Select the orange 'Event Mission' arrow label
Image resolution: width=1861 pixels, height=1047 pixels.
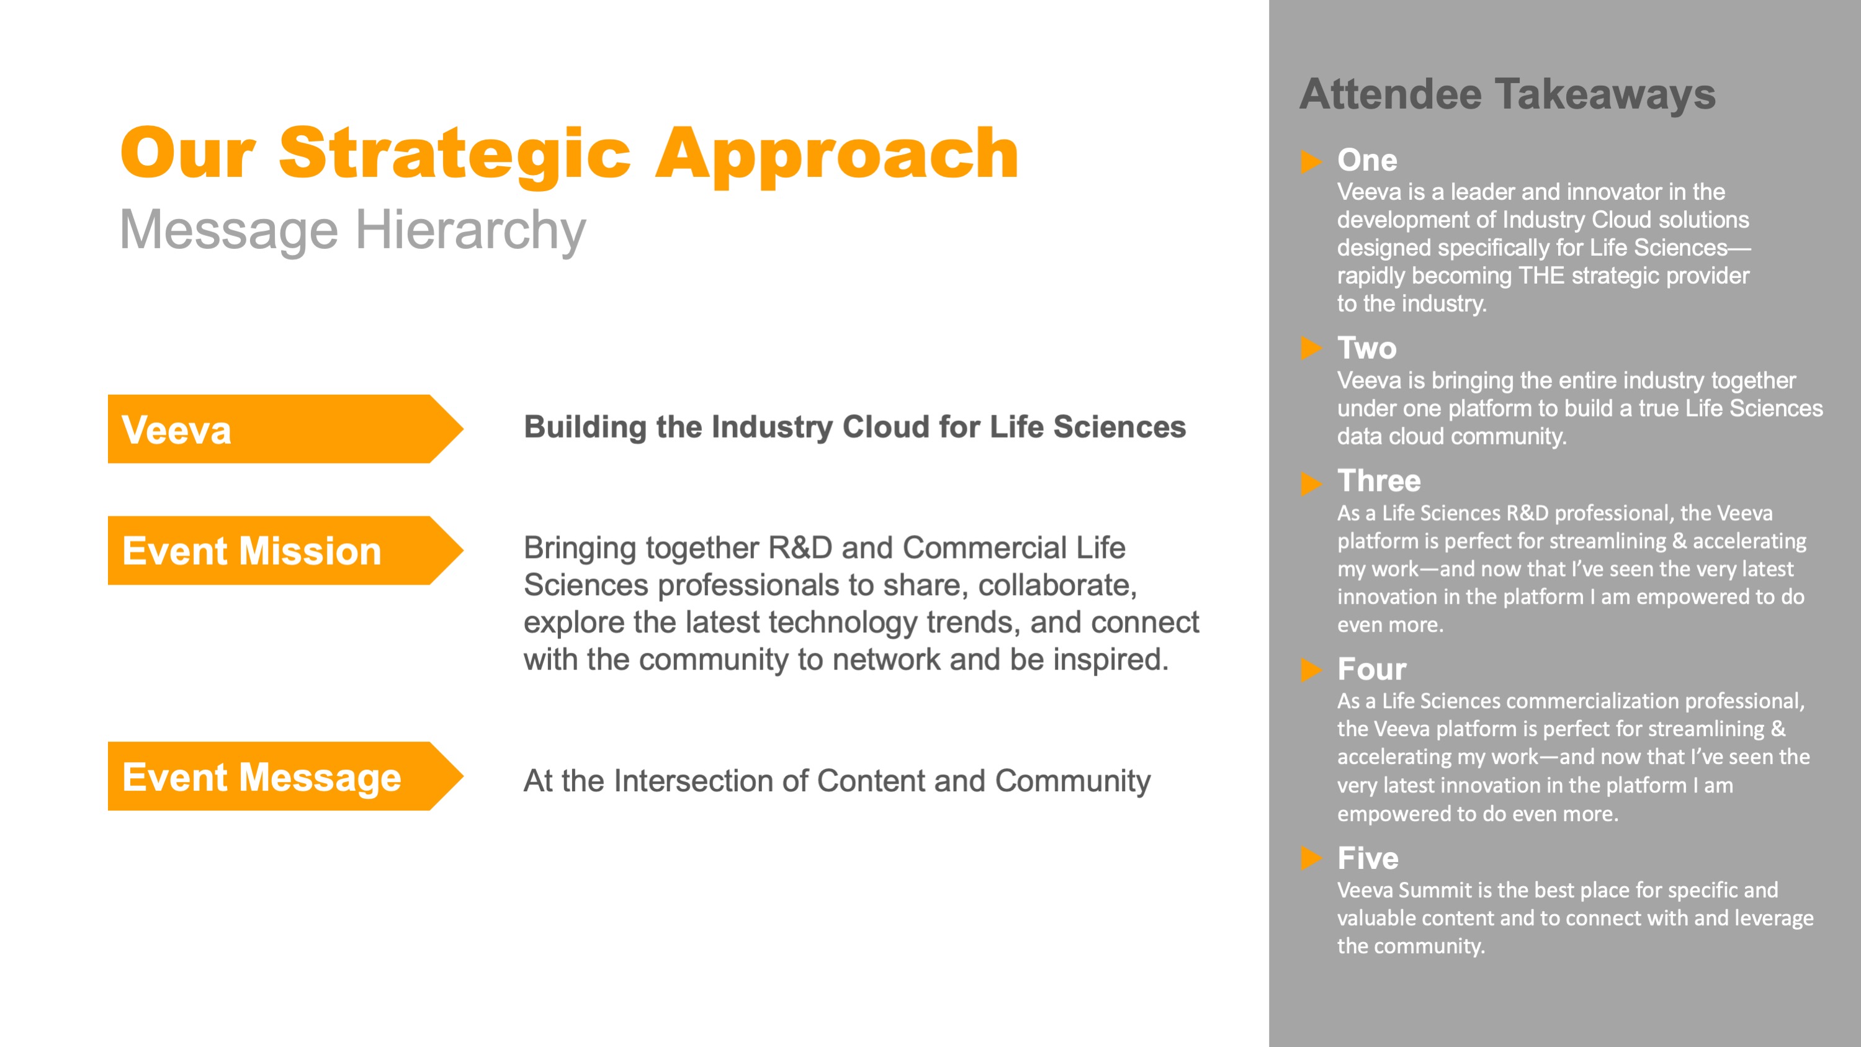coord(285,550)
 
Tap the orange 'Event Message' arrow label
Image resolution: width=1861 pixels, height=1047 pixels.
coord(285,776)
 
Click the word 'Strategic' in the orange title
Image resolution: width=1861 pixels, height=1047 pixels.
coord(455,155)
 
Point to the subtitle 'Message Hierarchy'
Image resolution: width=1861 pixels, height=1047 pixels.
coord(352,230)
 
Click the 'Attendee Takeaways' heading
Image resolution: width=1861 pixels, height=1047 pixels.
coord(1507,95)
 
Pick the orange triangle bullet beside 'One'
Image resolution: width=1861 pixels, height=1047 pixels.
coord(1311,161)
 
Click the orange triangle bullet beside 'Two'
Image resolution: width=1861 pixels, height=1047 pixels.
coord(1311,348)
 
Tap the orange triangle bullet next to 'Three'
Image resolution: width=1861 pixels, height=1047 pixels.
coord(1311,483)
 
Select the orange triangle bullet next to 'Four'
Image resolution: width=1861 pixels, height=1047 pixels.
coord(1311,670)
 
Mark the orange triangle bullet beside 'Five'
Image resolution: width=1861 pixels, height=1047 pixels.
coord(1311,858)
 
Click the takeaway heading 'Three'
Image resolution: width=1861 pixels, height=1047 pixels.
coord(1378,480)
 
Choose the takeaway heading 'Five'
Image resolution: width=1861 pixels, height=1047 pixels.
coord(1368,858)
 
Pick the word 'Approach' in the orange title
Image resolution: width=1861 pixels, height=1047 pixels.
coord(836,155)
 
